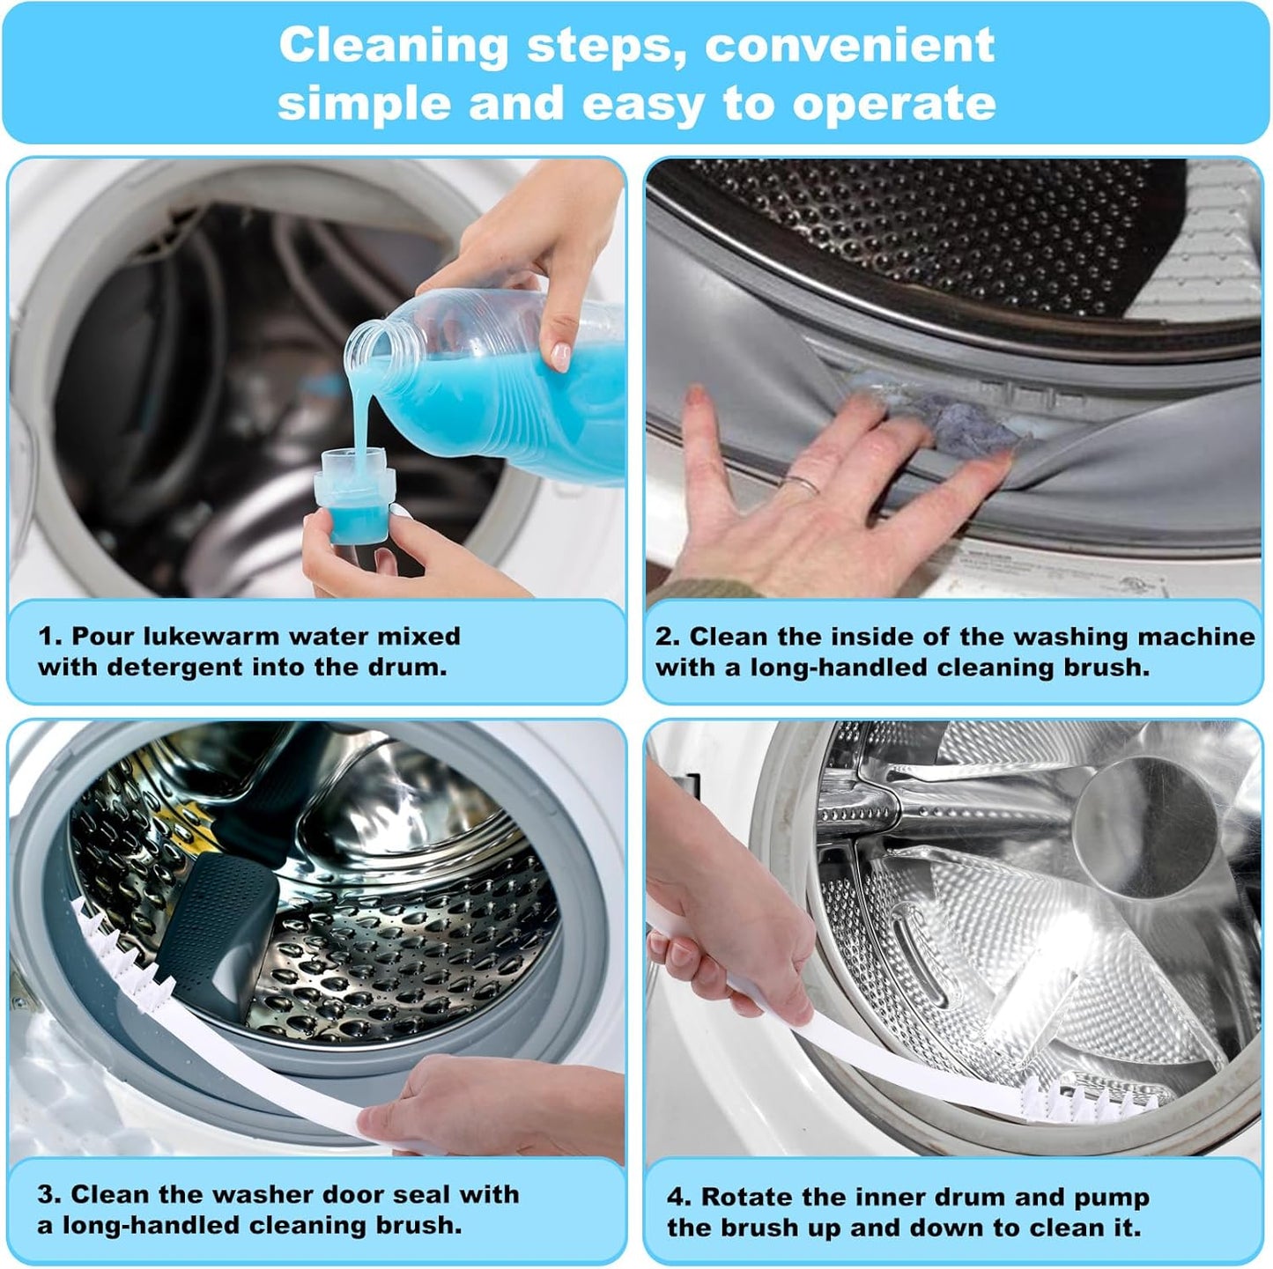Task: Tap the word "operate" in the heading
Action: pos(893,104)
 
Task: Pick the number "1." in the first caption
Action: pos(49,637)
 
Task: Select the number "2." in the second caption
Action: pos(667,637)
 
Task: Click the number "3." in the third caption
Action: pos(49,1195)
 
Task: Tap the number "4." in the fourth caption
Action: pos(678,1198)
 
